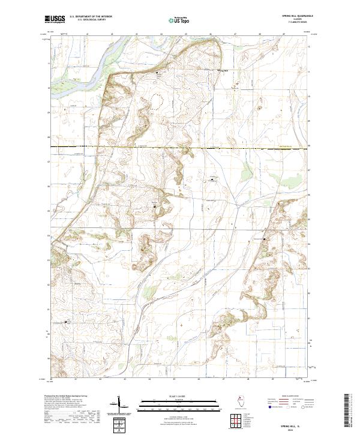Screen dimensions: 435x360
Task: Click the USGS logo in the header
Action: (x=55, y=19)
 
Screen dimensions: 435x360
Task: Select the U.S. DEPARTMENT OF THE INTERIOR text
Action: (x=91, y=17)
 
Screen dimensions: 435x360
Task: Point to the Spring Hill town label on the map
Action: (x=223, y=71)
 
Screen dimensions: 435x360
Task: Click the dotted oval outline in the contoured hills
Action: (x=157, y=101)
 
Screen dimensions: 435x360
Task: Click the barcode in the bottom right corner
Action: (x=347, y=412)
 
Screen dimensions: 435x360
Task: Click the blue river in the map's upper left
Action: (x=78, y=60)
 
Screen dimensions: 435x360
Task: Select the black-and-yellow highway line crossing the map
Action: (x=180, y=147)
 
